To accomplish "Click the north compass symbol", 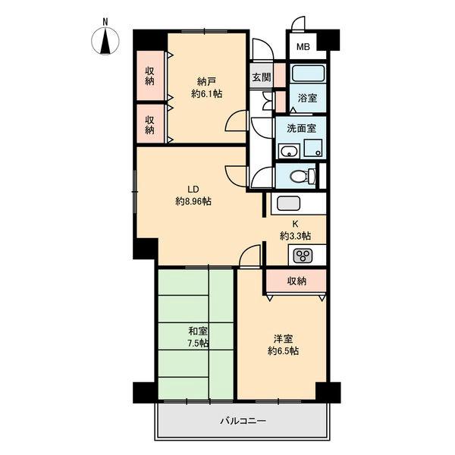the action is point(105,41).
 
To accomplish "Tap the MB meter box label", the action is point(303,47).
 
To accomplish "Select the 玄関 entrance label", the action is point(262,77).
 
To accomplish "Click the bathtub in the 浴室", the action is point(308,74).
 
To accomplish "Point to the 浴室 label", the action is point(307,98).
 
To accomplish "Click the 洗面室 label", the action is point(302,128).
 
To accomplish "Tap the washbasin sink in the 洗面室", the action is point(289,151).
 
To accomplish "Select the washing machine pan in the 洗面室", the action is point(313,149).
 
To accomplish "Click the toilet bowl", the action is point(303,176).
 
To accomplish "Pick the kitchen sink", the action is point(288,203).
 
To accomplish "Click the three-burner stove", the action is point(303,256).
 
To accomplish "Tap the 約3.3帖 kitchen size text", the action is point(295,236).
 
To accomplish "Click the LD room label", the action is point(193,190).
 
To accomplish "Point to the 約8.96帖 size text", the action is point(193,201).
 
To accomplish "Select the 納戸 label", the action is point(206,82).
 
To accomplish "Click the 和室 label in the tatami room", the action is point(198,331).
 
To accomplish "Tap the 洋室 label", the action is point(283,339).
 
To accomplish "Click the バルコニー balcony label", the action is point(243,421).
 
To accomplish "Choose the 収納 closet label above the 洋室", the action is point(297,281).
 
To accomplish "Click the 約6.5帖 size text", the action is point(283,351).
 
